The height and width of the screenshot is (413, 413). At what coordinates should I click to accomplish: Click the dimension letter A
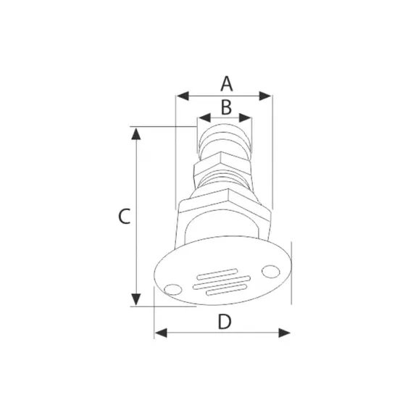click(x=227, y=84)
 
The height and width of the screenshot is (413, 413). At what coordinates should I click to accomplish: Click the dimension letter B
click(x=226, y=107)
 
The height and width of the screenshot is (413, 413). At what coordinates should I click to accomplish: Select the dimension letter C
click(x=124, y=216)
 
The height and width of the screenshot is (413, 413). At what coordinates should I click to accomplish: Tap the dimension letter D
click(x=225, y=322)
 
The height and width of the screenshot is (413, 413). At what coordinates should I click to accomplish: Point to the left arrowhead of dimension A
click(x=183, y=96)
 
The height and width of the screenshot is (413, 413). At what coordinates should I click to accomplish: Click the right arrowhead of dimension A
click(x=265, y=96)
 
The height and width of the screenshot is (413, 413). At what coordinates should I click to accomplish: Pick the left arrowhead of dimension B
click(x=204, y=117)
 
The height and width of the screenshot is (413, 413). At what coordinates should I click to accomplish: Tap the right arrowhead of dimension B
click(x=245, y=117)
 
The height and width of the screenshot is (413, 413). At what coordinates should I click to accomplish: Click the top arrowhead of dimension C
click(x=136, y=134)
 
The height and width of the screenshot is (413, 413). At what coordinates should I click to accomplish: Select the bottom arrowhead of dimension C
click(x=136, y=299)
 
